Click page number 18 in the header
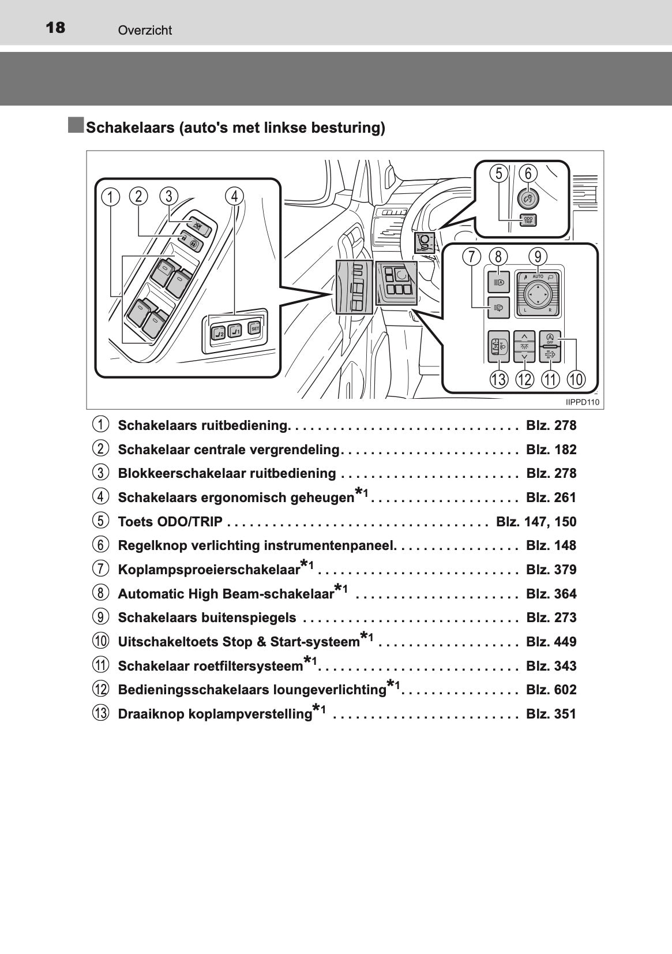(55, 27)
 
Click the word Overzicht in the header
(145, 31)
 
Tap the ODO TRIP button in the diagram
(528, 219)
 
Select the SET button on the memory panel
(254, 328)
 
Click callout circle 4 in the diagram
(234, 196)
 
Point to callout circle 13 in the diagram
(499, 379)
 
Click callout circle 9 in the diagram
(538, 256)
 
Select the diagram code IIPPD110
(583, 402)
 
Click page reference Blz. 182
(551, 450)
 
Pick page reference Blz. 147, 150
(536, 522)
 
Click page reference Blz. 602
(551, 690)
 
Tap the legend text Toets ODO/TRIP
(170, 522)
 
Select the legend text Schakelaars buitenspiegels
(207, 618)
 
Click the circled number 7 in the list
(100, 569)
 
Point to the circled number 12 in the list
(100, 690)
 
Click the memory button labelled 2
(218, 332)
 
